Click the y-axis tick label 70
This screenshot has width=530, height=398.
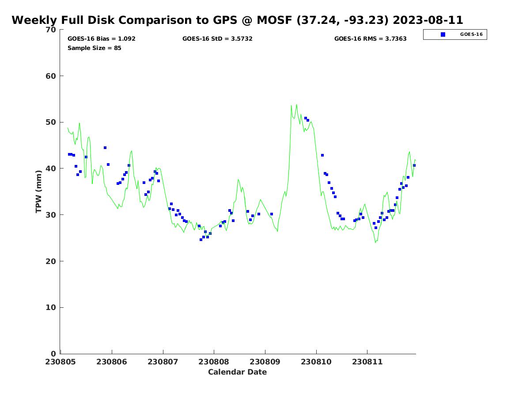[x=51, y=30]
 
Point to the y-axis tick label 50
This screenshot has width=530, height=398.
[x=51, y=122]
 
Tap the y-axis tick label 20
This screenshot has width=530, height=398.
[x=51, y=261]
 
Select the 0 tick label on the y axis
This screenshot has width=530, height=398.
[x=53, y=354]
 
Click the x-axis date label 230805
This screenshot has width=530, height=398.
[x=61, y=362]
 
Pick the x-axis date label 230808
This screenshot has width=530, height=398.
[x=214, y=362]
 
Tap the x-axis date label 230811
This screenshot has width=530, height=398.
[x=367, y=362]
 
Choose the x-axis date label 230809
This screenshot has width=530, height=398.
[x=265, y=362]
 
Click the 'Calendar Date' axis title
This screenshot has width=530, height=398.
[x=238, y=372]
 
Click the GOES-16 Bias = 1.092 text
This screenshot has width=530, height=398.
[x=101, y=38]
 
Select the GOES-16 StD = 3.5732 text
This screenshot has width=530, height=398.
[x=217, y=38]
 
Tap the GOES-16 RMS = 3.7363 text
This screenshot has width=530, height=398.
[x=370, y=38]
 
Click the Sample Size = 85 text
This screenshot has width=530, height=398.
[x=94, y=48]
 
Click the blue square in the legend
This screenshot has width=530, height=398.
[x=443, y=34]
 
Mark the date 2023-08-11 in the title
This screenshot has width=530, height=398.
[x=428, y=20]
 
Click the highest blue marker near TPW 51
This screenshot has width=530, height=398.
[x=305, y=118]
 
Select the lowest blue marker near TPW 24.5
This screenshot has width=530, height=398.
[x=201, y=240]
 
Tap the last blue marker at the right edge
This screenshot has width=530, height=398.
[x=414, y=165]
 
